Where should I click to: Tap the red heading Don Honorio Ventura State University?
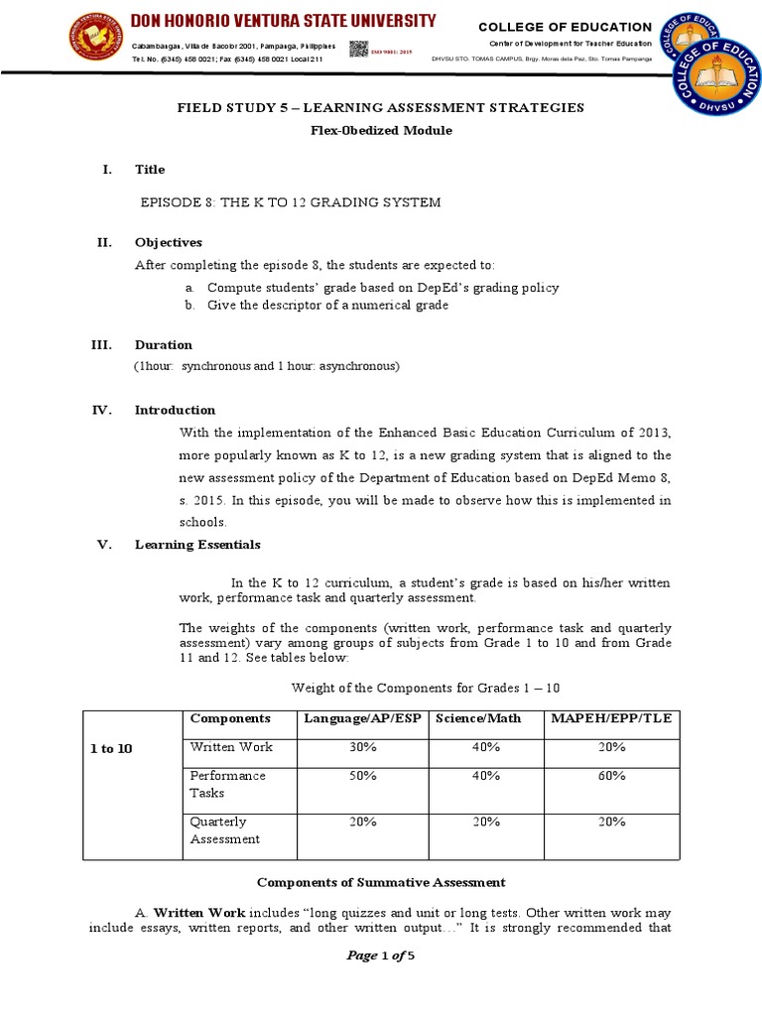[286, 21]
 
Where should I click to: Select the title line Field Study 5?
[380, 107]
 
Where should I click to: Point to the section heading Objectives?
[168, 242]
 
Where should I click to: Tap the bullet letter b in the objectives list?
[188, 306]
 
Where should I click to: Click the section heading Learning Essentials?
[197, 544]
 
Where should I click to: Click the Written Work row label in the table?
[230, 747]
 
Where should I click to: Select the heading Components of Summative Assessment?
[381, 882]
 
